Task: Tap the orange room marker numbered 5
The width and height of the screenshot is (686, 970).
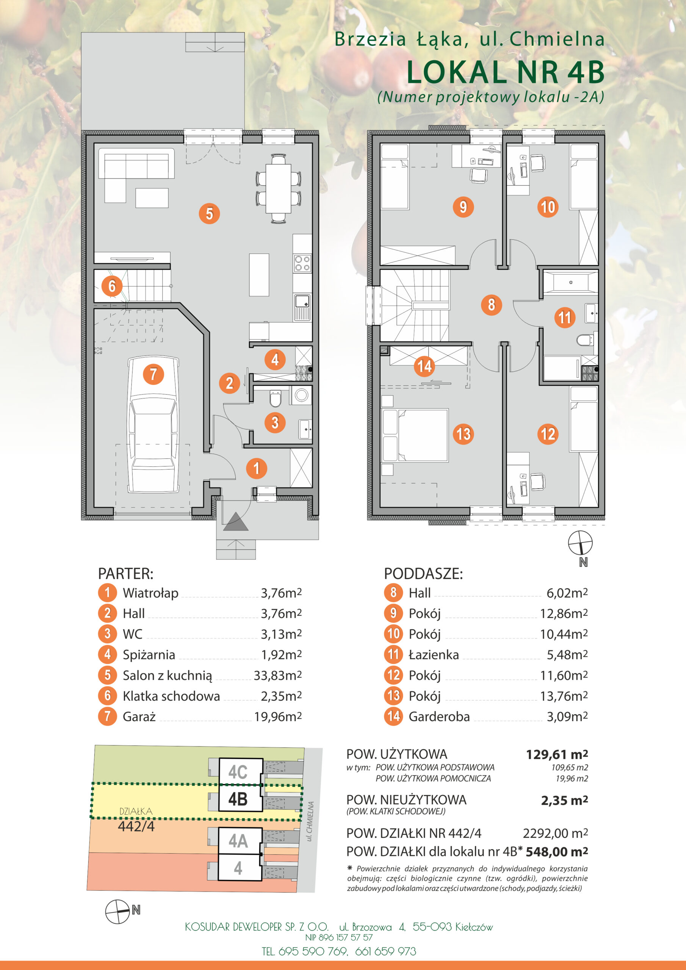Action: (209, 213)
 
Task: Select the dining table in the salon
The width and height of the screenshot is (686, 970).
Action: (278, 188)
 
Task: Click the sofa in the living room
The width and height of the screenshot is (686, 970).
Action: (136, 175)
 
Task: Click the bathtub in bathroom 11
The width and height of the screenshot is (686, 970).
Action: (571, 282)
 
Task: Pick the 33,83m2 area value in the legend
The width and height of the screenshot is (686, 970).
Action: (278, 676)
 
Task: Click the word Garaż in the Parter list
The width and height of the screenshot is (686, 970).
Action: (139, 717)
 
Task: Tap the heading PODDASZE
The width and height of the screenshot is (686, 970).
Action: (423, 574)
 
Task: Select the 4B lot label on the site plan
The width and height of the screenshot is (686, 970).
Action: (238, 799)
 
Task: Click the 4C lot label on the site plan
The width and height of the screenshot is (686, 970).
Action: (238, 772)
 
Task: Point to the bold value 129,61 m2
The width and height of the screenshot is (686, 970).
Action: (557, 754)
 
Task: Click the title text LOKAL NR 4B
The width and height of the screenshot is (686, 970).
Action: (506, 72)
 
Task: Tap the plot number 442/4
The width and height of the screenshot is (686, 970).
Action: (136, 826)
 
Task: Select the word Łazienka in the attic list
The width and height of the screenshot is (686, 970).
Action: (434, 655)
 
